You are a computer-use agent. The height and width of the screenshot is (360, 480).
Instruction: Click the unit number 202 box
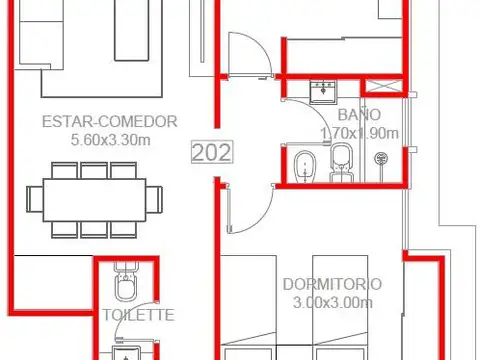tap(212, 152)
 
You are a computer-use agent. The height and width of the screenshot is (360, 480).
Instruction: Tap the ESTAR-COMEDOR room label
tap(110, 121)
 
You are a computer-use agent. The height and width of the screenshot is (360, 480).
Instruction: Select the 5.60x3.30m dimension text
tap(111, 140)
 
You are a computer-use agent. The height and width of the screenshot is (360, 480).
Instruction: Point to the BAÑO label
tap(359, 114)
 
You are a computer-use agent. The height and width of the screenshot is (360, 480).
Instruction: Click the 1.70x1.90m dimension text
tap(359, 133)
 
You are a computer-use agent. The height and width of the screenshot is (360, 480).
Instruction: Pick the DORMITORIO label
tap(332, 284)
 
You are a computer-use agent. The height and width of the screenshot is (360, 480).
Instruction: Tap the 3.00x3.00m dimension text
tap(333, 303)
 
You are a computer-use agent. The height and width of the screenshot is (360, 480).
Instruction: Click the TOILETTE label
tap(138, 315)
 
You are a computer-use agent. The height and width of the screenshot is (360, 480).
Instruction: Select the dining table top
tap(95, 200)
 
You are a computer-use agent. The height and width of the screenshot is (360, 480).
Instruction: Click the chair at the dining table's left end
tap(35, 199)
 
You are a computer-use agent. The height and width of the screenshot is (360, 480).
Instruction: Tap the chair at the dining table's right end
tap(154, 200)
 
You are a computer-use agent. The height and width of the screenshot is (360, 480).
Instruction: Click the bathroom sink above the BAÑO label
tap(323, 91)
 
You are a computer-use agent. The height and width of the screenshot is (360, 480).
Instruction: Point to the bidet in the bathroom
tap(305, 167)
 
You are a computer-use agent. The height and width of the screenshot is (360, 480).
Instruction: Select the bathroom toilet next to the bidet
tap(341, 163)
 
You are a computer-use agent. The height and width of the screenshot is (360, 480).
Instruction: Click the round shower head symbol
tap(381, 158)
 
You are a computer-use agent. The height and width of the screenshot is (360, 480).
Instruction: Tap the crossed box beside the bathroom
tap(384, 87)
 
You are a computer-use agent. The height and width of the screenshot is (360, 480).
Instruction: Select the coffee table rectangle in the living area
tap(131, 30)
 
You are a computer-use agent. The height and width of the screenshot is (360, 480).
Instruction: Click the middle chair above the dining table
tap(94, 170)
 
